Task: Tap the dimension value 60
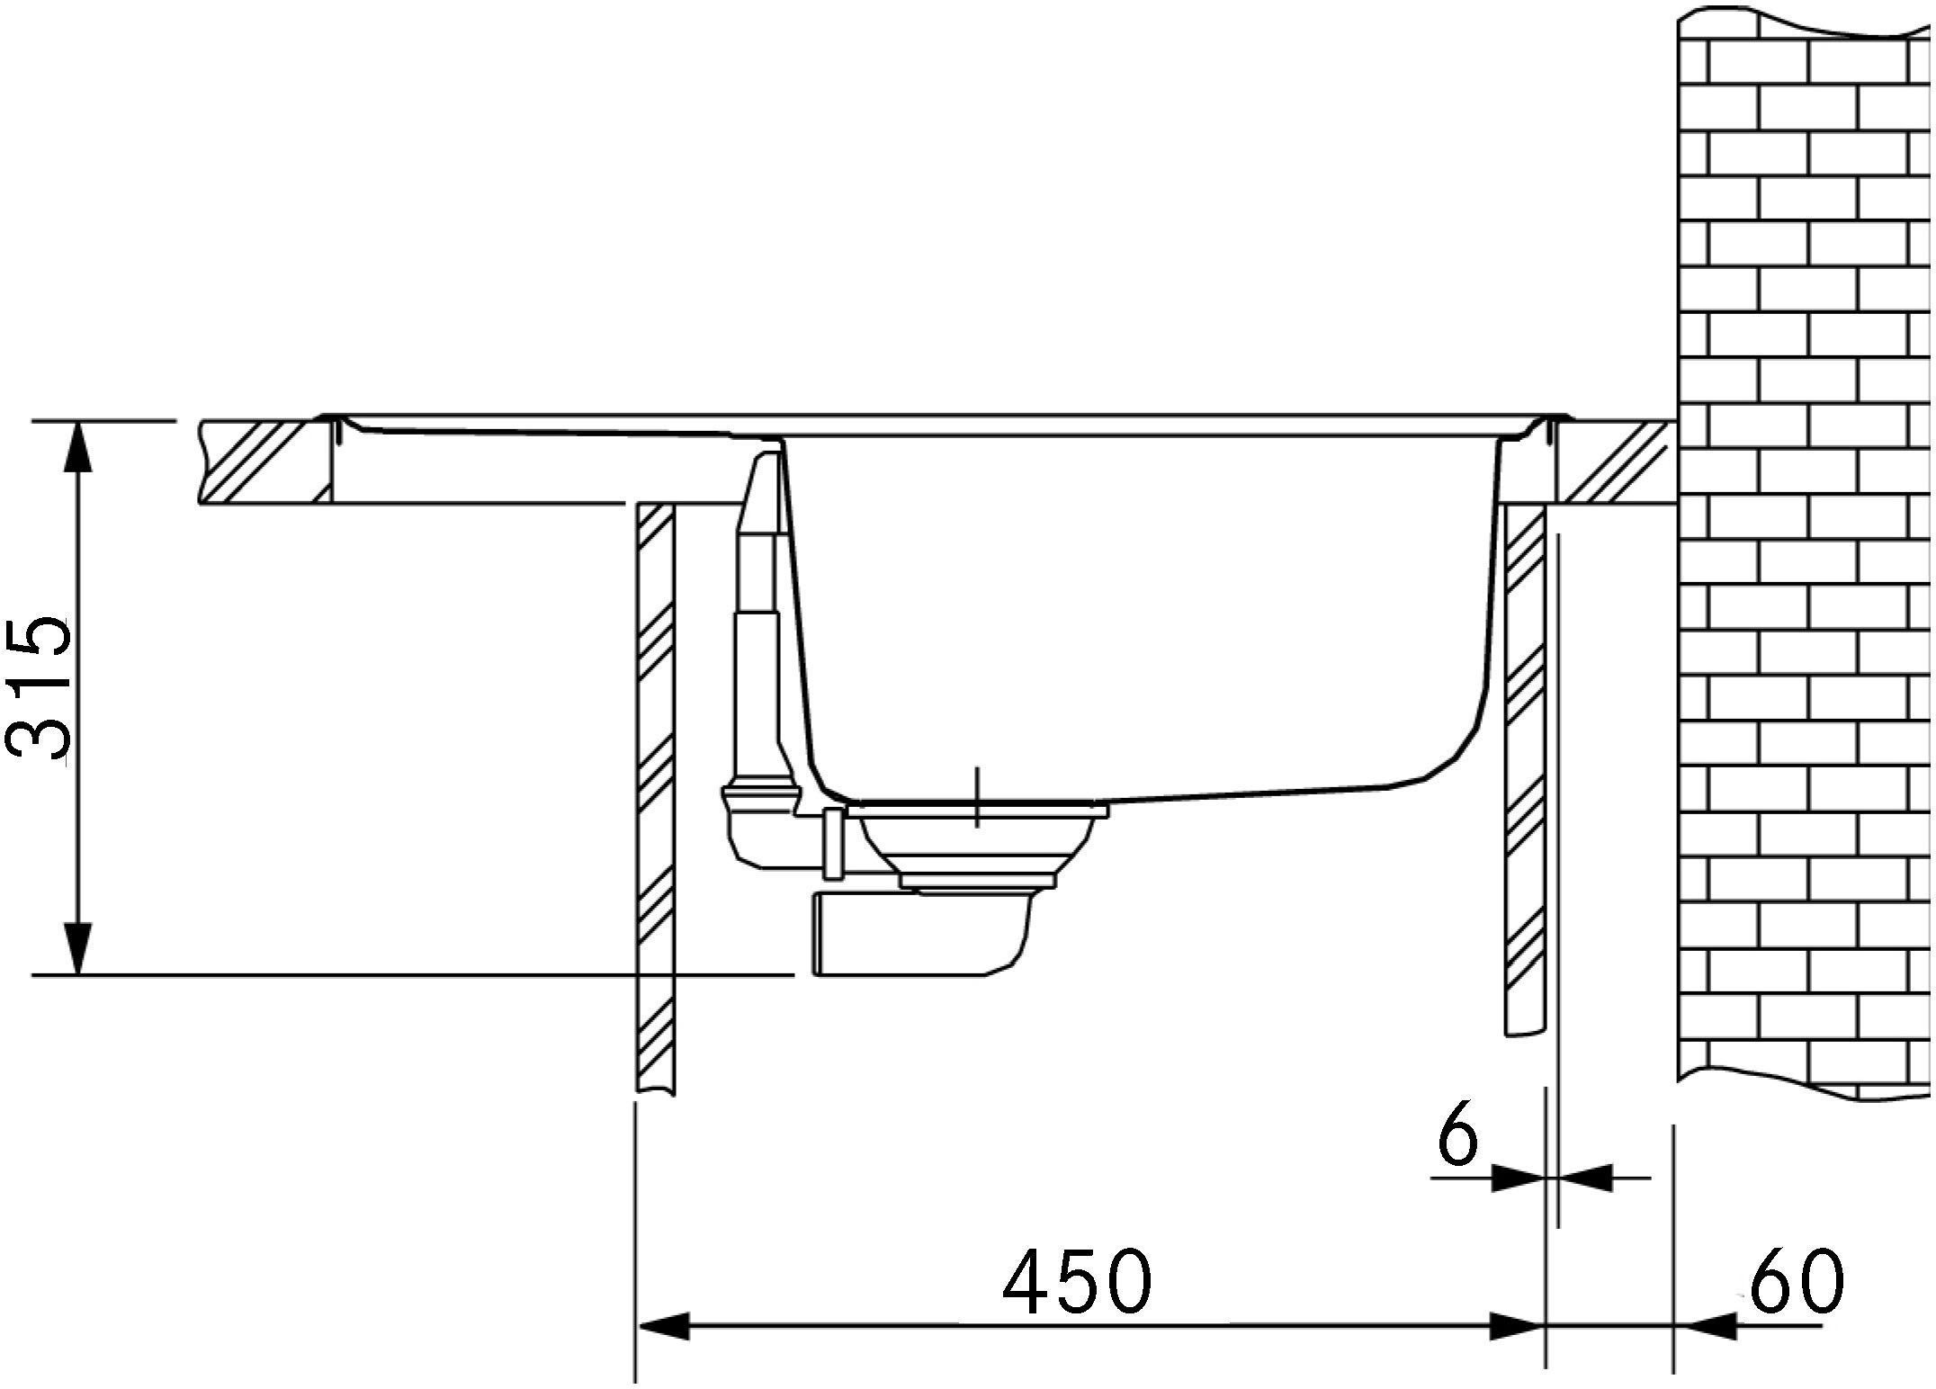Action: click(1795, 1279)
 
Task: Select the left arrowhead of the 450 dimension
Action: click(664, 1325)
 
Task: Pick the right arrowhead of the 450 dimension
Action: click(1517, 1325)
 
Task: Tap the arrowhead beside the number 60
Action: click(1700, 1325)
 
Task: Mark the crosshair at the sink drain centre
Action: click(977, 797)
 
